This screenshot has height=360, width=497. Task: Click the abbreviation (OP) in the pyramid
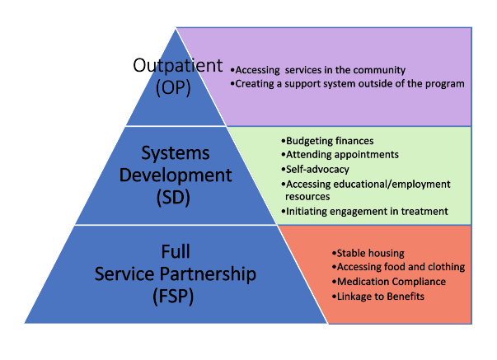(x=173, y=87)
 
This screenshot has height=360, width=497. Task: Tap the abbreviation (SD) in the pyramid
(x=173, y=198)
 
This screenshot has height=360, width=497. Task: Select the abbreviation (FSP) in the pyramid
(x=173, y=297)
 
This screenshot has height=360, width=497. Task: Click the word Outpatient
(x=178, y=65)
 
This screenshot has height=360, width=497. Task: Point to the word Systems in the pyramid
(x=176, y=152)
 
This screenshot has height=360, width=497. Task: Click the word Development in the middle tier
(x=176, y=175)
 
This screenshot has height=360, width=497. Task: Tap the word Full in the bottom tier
(x=176, y=251)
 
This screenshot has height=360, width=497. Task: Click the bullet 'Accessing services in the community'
(x=318, y=70)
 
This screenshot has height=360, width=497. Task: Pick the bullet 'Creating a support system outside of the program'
(x=347, y=84)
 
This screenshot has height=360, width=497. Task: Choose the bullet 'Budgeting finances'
(x=327, y=141)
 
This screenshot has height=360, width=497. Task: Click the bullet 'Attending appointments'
(x=340, y=155)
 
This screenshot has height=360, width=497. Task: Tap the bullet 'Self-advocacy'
(x=315, y=170)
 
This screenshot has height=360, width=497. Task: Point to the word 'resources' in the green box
(x=307, y=197)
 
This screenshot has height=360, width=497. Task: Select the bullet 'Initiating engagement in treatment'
(x=364, y=212)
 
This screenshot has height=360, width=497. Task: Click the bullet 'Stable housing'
(x=368, y=253)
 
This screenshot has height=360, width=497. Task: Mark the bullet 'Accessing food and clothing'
(x=398, y=267)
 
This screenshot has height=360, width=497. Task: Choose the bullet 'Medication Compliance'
(x=389, y=282)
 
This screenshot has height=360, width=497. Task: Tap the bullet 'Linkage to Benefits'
(x=378, y=297)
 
